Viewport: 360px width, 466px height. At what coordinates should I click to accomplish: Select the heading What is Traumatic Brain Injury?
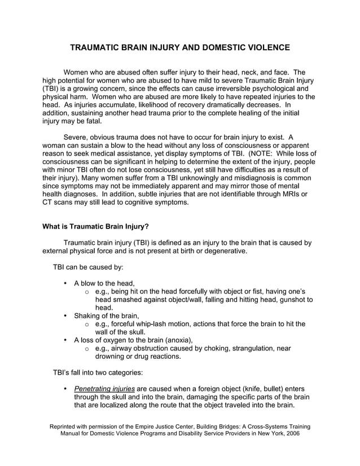coord(96,227)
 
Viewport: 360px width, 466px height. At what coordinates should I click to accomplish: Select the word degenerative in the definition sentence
coord(223,251)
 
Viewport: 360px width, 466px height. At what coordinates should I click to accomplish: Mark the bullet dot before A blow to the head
coord(67,283)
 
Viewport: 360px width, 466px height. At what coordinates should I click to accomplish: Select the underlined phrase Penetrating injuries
coord(104,389)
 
